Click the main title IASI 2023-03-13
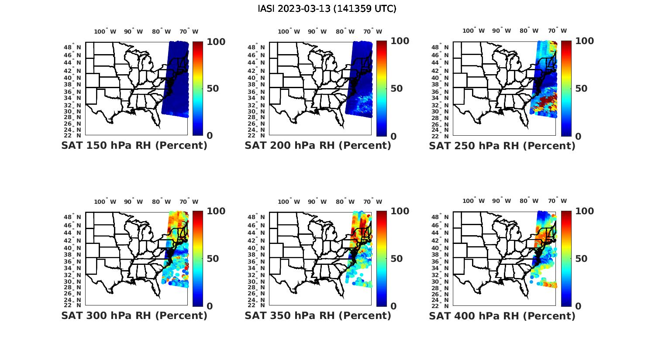click(327, 9)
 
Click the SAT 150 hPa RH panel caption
click(134, 146)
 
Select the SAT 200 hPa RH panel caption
click(318, 146)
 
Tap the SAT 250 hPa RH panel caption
click(502, 146)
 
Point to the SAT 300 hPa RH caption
click(134, 315)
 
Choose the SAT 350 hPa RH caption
click(318, 315)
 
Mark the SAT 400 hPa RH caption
click(502, 315)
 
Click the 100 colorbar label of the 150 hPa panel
click(216, 41)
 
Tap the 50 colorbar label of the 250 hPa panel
click(581, 89)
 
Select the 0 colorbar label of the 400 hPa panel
click(579, 306)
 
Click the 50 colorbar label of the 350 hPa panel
click(396, 259)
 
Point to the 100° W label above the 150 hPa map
click(105, 31)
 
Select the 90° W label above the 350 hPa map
click(317, 202)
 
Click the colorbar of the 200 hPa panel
click(382, 89)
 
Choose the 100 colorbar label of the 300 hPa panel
click(216, 211)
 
